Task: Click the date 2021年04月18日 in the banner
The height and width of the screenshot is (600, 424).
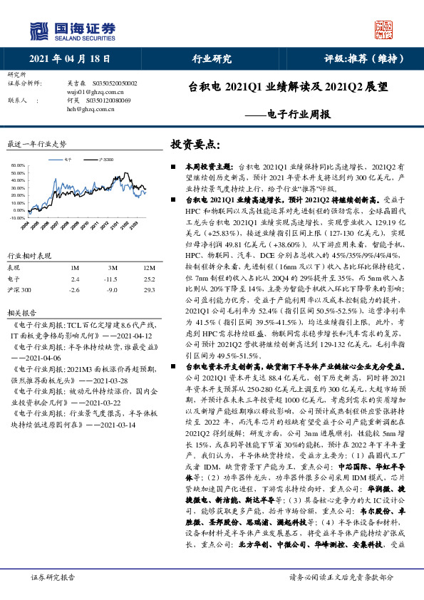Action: tap(71, 58)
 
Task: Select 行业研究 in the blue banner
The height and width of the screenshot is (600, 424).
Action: tap(212, 58)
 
